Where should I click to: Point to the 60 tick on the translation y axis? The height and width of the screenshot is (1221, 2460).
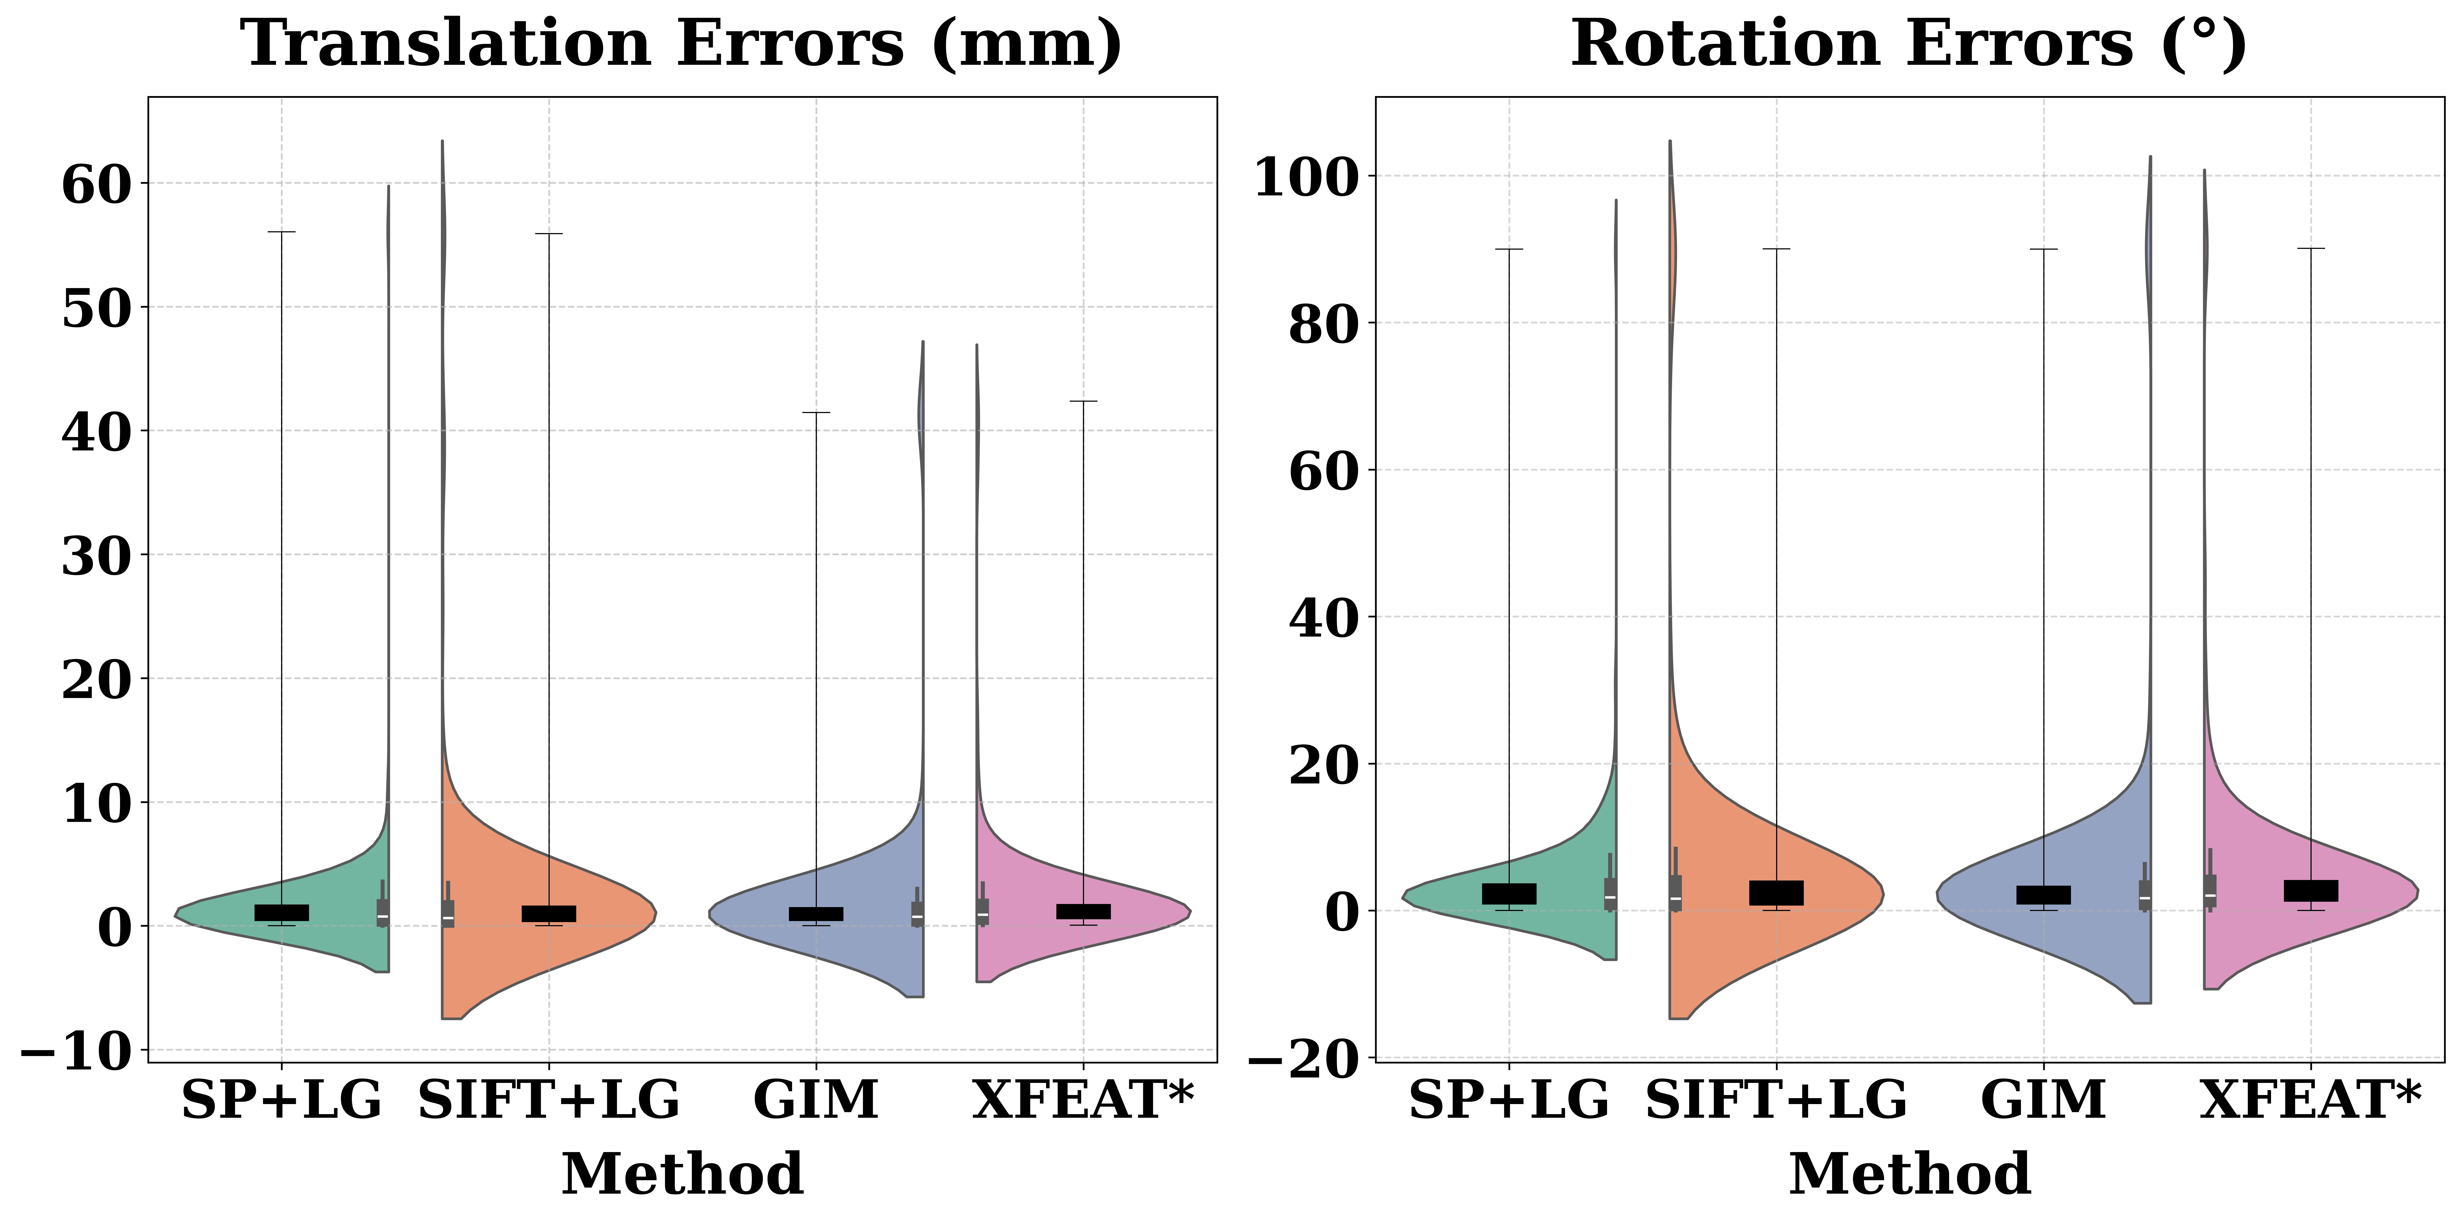(x=96, y=184)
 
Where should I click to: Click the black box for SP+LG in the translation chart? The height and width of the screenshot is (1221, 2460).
(x=282, y=912)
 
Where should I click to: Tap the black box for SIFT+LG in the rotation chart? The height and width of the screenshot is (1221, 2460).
(x=1776, y=893)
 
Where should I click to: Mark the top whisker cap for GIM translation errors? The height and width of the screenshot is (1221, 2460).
(x=816, y=413)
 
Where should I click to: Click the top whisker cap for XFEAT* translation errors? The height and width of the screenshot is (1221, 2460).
(x=1083, y=401)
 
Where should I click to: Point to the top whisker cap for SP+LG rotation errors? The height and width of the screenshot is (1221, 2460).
(x=1509, y=249)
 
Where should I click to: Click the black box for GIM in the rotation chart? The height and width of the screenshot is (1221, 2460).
(x=2044, y=894)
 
